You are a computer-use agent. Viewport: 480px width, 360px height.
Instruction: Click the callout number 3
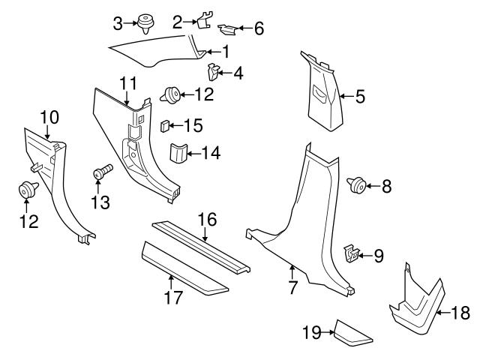(118, 23)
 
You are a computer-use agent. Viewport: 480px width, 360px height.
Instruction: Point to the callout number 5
(360, 96)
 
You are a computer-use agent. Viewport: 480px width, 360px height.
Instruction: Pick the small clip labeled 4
(213, 73)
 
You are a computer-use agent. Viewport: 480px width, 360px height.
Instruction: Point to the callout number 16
(207, 219)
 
